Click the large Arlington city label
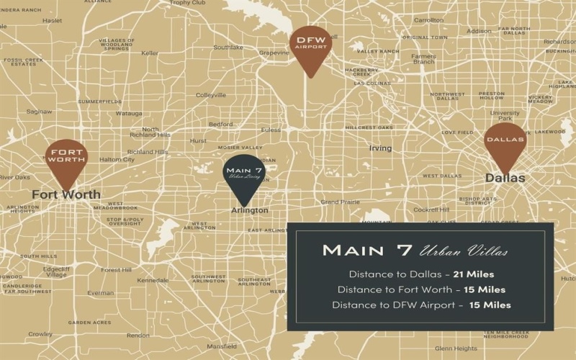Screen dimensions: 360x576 [250, 210]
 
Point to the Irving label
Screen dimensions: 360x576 [380, 148]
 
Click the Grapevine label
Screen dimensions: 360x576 [274, 53]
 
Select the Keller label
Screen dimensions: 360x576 [150, 53]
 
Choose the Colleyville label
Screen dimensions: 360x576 [211, 95]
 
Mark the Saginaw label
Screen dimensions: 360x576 [39, 112]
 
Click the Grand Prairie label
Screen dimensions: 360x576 [340, 202]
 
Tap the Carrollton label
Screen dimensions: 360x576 [429, 20]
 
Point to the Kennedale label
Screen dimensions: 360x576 [153, 280]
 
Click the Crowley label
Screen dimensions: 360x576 [40, 334]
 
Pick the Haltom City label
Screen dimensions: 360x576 [117, 159]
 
